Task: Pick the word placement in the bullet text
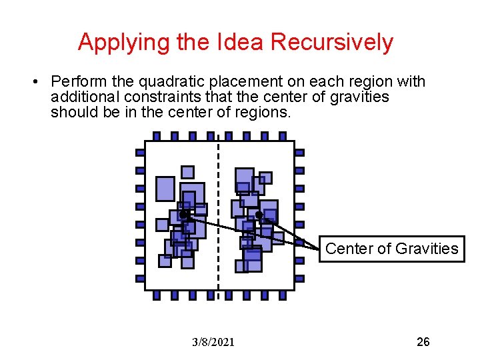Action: (238, 82)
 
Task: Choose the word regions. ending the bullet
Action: (265, 112)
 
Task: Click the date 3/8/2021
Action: (213, 343)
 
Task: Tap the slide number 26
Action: (423, 342)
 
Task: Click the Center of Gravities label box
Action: (391, 249)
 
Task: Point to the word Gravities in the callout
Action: (427, 249)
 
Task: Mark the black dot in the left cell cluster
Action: (183, 215)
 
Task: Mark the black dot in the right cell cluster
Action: (259, 215)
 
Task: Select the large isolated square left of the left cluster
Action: (165, 189)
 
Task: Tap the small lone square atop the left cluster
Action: (187, 172)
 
